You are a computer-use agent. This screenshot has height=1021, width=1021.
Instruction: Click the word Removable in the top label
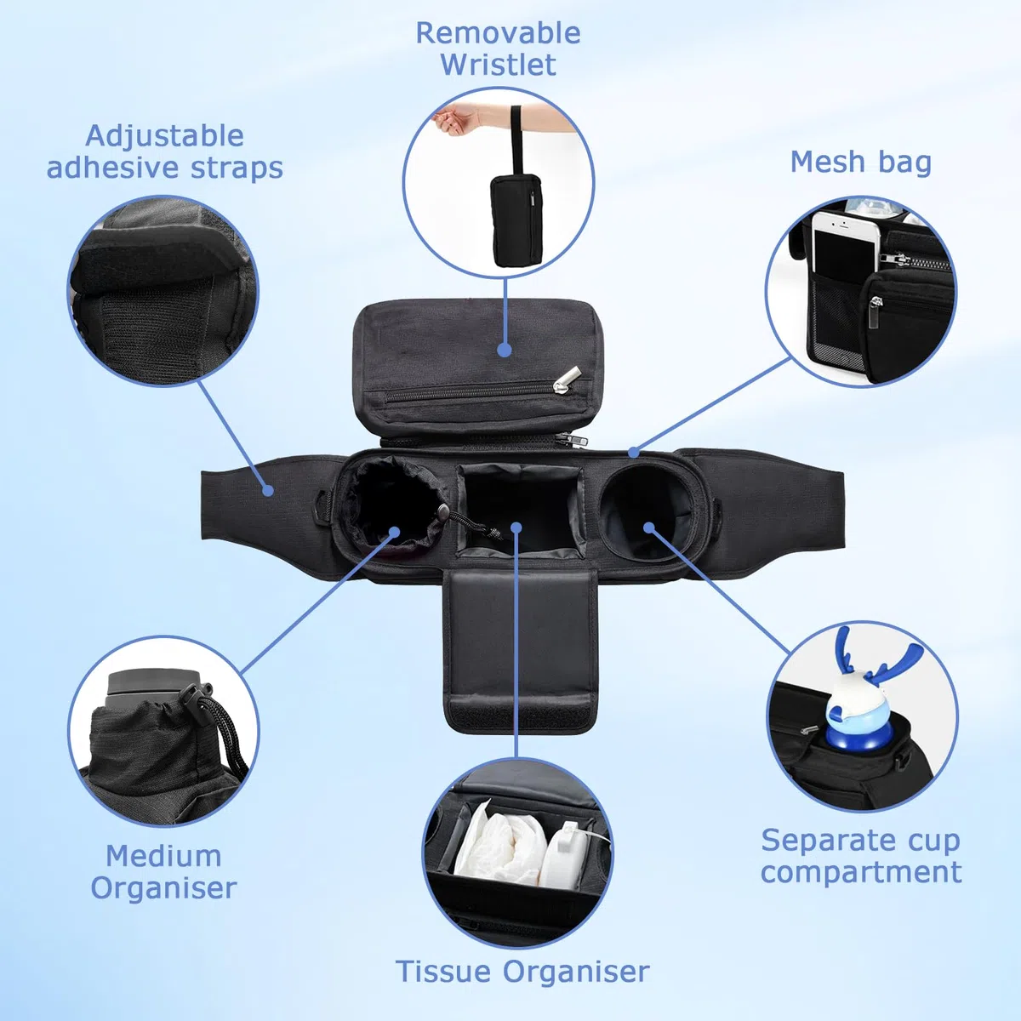[x=498, y=33]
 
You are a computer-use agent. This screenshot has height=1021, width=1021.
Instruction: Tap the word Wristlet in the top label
[x=498, y=65]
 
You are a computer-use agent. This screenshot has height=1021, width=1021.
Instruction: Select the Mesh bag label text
[x=860, y=162]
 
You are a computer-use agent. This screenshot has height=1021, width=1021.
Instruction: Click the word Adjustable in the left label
[x=165, y=137]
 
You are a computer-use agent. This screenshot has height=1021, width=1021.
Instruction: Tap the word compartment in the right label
[x=861, y=873]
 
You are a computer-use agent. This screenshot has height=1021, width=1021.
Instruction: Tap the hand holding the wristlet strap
[x=457, y=118]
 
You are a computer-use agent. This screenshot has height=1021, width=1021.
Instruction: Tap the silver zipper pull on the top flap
[x=567, y=379]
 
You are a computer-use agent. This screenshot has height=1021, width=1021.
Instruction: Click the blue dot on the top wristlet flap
[x=505, y=350]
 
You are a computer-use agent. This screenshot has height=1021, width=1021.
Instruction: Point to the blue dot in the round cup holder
[x=649, y=528]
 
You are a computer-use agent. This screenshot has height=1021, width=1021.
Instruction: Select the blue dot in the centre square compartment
[x=517, y=528]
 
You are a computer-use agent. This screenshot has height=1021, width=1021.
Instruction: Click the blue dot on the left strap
[x=268, y=491]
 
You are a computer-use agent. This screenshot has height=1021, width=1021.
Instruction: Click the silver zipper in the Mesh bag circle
[x=895, y=260]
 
